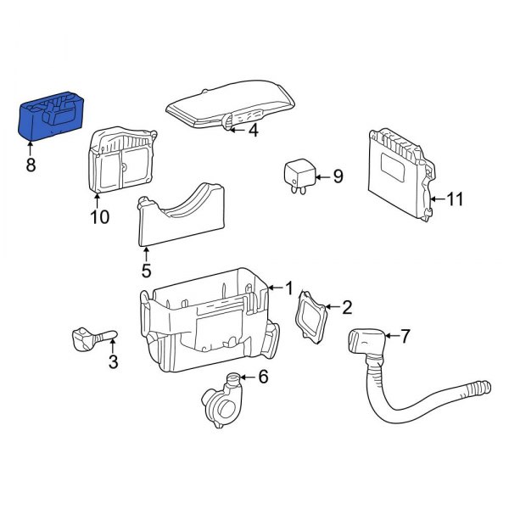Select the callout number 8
tap(31, 165)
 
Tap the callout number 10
tap(99, 217)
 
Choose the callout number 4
tap(252, 130)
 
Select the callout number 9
tap(337, 176)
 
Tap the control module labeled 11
tap(396, 165)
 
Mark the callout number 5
tap(146, 271)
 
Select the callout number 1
tap(288, 288)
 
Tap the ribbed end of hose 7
tap(480, 389)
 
